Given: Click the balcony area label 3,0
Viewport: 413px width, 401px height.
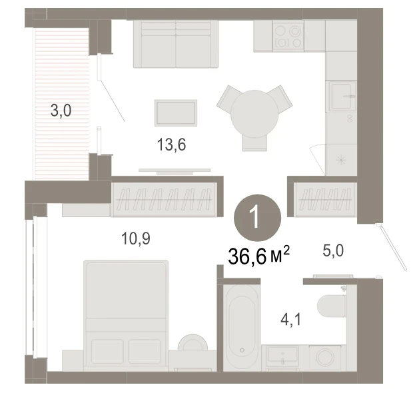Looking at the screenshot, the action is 61,111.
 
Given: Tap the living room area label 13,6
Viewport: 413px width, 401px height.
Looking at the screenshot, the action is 171,145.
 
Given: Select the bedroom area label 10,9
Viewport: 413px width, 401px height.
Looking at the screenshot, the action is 136,238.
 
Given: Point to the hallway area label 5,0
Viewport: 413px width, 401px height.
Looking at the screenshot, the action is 333,250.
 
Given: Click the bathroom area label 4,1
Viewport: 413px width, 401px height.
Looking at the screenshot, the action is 291,320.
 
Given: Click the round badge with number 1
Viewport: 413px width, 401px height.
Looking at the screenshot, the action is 258,218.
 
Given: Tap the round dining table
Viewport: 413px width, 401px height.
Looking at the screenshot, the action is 254,114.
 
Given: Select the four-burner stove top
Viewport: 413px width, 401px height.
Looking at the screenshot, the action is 288,36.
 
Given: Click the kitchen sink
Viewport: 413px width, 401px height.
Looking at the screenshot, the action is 342,96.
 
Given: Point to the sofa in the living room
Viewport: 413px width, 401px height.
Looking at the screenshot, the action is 176,44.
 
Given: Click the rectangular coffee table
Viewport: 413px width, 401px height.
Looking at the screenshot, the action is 176,113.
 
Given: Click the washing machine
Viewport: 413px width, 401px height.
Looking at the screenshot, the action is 325,358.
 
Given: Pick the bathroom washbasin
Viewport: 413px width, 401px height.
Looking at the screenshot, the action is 282,357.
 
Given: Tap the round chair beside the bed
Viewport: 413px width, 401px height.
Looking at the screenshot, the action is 193,342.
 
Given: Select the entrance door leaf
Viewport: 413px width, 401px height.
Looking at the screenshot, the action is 391,246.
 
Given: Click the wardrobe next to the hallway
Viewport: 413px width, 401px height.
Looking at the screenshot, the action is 325,199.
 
